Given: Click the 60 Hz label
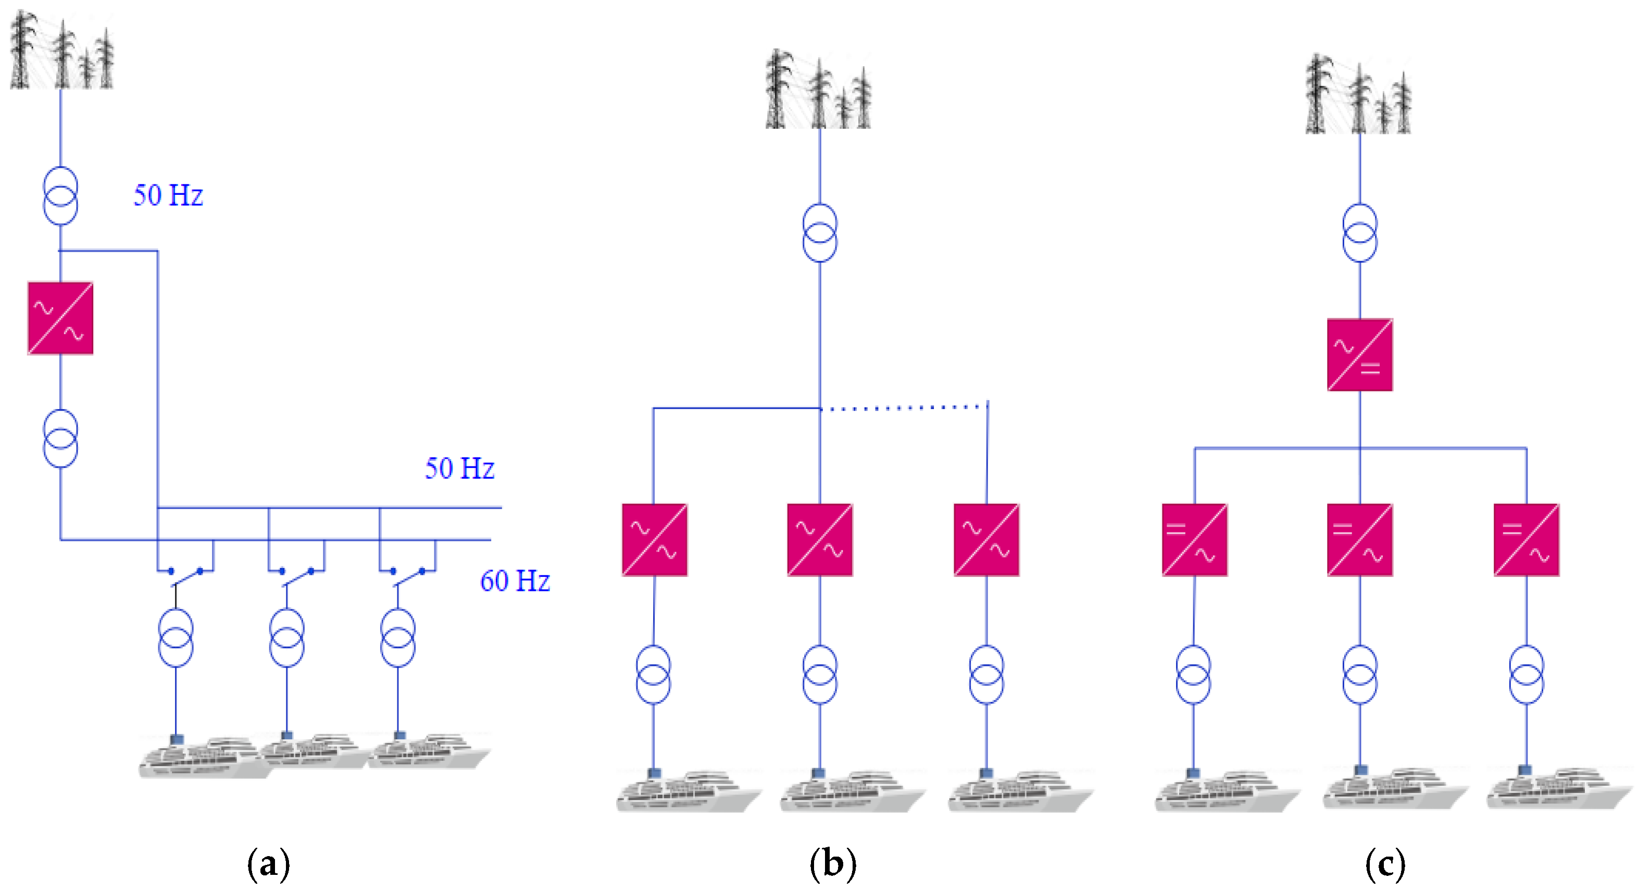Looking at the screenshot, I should click(515, 580).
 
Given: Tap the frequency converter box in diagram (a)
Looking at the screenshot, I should click(60, 318).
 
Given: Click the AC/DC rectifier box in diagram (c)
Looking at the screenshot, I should click(1359, 355).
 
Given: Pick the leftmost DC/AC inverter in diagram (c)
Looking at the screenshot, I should click(1194, 540).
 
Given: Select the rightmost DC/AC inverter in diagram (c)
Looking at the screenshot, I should click(1526, 540).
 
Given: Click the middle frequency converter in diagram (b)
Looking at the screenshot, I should click(820, 540).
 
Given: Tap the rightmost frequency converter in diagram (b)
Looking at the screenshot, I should click(986, 540).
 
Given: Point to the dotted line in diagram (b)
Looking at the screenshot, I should click(903, 407).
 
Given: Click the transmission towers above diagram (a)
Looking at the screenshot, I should click(61, 51).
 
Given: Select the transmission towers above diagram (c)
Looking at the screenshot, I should click(1358, 95).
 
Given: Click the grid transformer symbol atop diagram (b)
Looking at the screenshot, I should click(820, 232).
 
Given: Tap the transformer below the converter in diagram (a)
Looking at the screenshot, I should click(60, 438).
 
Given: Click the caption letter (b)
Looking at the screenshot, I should click(832, 864).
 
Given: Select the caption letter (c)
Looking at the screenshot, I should click(1385, 864).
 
